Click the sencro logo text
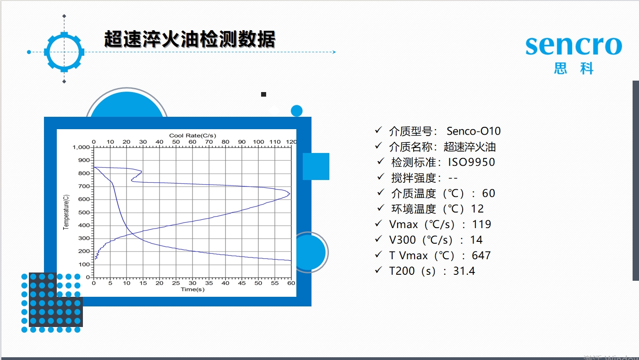coord(573,46)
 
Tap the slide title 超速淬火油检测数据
coord(190,39)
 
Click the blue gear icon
coord(64,52)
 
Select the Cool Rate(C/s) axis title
coord(192,136)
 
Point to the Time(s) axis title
coord(192,289)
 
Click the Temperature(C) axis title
coord(66,212)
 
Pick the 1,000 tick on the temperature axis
coord(81,147)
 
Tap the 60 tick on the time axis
coord(291,283)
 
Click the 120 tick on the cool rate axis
coord(291,142)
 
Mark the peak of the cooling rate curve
coord(289,194)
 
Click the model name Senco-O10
coord(474,131)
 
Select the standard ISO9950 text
coord(471,162)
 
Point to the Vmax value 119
coord(481,224)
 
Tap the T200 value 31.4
coord(464,271)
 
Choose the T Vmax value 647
coord(481,255)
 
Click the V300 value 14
coord(476,240)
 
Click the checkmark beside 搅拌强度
coord(381,177)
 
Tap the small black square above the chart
coord(263,94)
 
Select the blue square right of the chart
coord(316,167)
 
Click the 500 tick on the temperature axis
coord(84,212)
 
